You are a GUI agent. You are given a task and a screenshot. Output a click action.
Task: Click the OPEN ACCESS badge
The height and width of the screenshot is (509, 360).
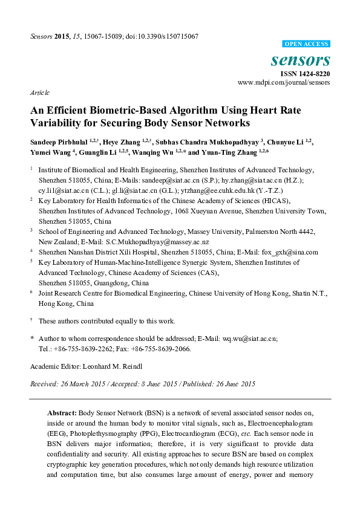tap(307, 44)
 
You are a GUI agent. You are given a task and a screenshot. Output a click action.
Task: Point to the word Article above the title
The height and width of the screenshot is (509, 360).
tap(39, 92)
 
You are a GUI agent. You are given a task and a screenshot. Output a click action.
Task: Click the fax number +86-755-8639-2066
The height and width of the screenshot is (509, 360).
tap(165, 349)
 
